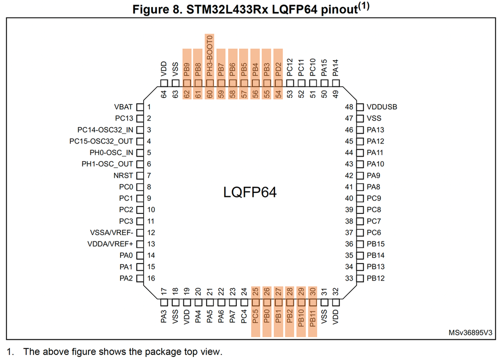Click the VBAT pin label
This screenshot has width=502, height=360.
click(124, 107)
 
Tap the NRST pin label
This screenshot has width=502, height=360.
click(124, 176)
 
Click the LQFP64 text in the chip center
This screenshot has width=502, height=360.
click(250, 192)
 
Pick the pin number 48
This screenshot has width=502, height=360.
click(349, 107)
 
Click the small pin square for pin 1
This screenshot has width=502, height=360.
click(140, 107)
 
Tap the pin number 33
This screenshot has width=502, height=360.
click(349, 278)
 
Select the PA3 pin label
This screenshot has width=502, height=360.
click(164, 316)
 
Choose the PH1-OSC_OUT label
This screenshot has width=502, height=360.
click(108, 164)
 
